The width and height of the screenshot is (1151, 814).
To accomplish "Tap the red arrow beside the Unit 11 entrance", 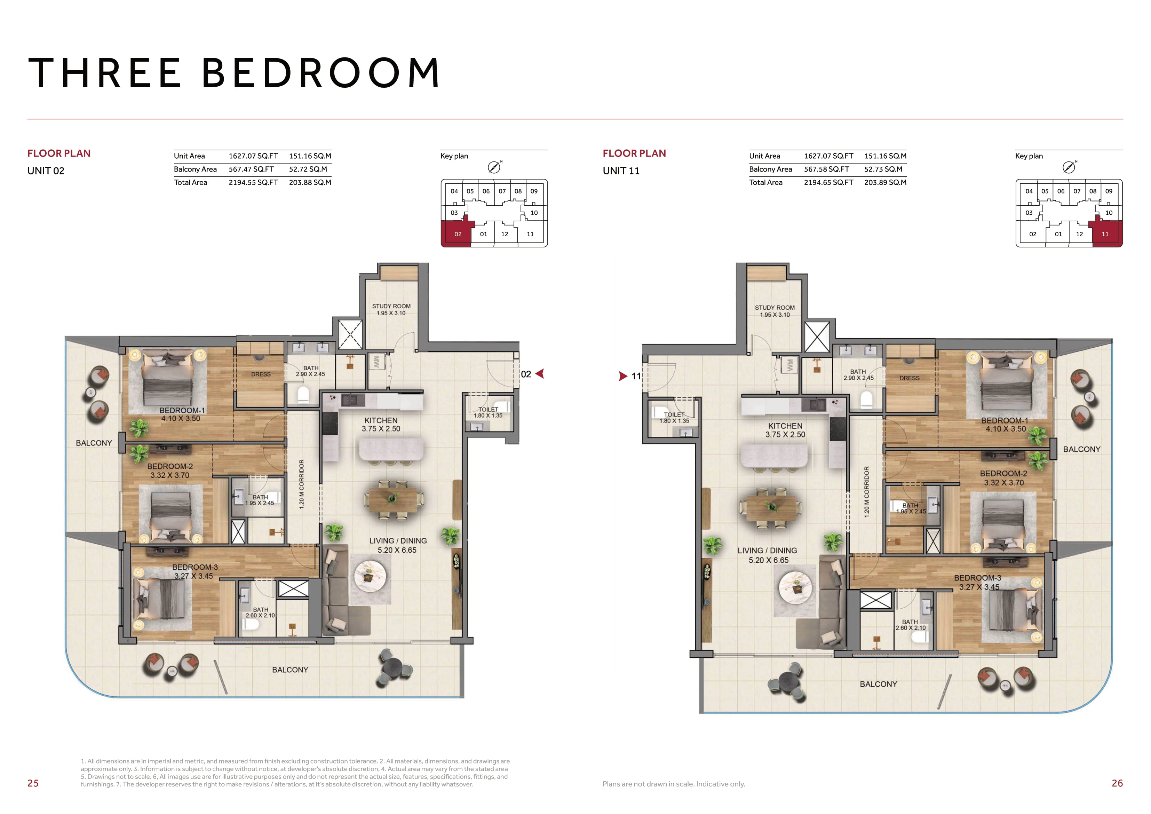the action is pyautogui.click(x=624, y=376).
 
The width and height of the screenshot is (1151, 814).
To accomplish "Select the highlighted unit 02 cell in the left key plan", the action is pyautogui.click(x=456, y=232).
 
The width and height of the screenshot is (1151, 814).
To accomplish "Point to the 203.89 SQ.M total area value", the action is pyautogui.click(x=885, y=183).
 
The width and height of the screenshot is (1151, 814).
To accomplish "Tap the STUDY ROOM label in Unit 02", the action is pyautogui.click(x=391, y=306).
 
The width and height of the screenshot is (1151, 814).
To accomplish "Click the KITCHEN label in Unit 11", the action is pyautogui.click(x=785, y=426).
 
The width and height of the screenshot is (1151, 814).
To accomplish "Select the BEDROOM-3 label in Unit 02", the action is pyautogui.click(x=195, y=567).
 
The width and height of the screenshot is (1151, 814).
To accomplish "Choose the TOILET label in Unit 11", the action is pyautogui.click(x=674, y=415).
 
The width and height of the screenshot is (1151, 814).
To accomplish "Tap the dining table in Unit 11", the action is pyautogui.click(x=766, y=508).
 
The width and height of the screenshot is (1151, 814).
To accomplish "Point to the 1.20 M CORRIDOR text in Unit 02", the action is pyautogui.click(x=301, y=484).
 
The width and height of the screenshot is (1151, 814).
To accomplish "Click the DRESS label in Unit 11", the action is pyautogui.click(x=910, y=378).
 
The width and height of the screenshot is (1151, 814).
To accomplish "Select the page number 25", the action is pyautogui.click(x=33, y=783).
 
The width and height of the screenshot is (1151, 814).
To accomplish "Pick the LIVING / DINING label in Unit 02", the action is pyautogui.click(x=398, y=541).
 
